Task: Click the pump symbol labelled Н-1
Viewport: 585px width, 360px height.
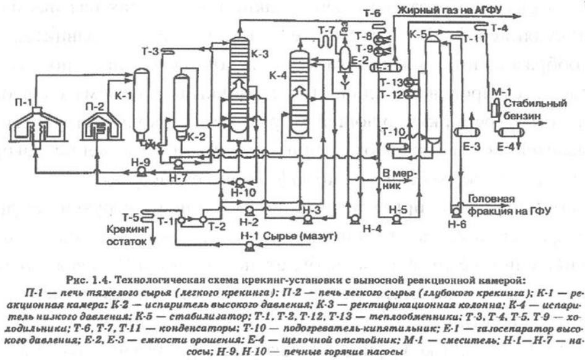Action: [x=249, y=246]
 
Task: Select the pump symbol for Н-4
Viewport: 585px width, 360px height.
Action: [x=354, y=219]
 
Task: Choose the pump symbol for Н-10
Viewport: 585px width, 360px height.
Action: [x=239, y=182]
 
